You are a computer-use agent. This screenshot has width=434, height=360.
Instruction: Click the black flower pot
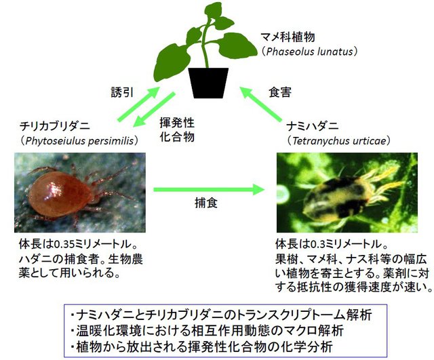point(208,83)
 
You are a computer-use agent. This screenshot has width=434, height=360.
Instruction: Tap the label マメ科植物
point(288,37)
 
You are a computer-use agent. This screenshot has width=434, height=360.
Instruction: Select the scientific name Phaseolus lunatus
point(309,52)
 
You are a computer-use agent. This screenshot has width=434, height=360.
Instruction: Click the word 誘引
point(122,92)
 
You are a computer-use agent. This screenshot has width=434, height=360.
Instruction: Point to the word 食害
point(280,92)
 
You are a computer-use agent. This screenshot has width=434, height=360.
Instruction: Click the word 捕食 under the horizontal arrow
point(206,203)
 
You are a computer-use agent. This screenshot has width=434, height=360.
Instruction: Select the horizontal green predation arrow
point(209,190)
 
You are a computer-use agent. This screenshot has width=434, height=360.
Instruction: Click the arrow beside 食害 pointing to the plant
point(260,104)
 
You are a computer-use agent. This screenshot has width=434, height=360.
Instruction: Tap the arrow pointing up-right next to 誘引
point(138,104)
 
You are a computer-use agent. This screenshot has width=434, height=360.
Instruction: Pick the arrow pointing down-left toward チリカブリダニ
point(154,110)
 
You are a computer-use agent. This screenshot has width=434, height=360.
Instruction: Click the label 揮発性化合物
point(177,129)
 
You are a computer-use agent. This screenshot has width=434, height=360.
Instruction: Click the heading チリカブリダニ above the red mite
point(55,127)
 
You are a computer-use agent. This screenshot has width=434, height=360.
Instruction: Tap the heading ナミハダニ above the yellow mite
point(313,127)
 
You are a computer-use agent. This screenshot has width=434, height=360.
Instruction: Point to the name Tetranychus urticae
point(339,141)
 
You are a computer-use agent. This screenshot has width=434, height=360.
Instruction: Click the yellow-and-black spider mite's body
point(335,197)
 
